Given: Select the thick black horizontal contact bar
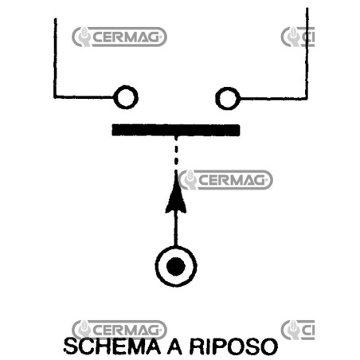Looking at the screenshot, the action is (x=176, y=130).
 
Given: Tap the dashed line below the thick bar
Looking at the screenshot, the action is (x=176, y=153).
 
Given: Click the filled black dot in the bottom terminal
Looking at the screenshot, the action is (x=176, y=266).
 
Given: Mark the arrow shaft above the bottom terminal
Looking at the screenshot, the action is (x=175, y=229).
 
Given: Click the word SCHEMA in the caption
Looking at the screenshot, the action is (x=112, y=346).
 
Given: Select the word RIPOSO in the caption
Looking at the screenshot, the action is (x=233, y=346).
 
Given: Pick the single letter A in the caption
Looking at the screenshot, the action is (x=174, y=346).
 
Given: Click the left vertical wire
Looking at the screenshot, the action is (x=55, y=58).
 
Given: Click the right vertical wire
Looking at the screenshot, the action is (x=307, y=53).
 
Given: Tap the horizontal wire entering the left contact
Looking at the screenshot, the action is (x=84, y=96).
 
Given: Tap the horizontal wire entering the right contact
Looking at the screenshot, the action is (x=273, y=99).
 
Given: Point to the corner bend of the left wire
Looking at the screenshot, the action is (x=55, y=96).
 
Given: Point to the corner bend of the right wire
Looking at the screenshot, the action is (x=307, y=99).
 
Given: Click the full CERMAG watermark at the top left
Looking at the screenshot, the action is (x=119, y=37).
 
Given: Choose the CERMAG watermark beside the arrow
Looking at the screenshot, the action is (x=226, y=180).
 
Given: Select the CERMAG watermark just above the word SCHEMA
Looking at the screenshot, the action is (x=119, y=330).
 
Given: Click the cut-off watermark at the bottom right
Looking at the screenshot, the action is (x=298, y=330).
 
